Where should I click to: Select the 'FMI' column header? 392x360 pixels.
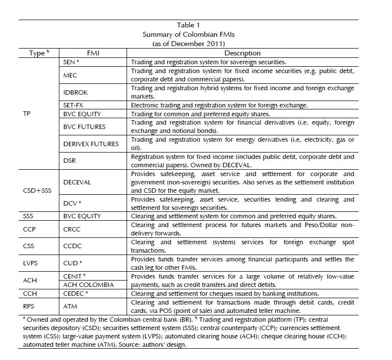pos(93,53)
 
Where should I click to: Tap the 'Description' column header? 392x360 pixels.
pos(242,53)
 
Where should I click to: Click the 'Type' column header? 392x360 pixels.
pos(37,53)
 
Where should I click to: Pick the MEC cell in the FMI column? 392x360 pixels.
pos(70,75)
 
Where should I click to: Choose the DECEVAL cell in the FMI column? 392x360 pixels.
pos(77,182)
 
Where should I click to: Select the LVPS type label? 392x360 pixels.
pos(31,263)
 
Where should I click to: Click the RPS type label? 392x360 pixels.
pos(29,306)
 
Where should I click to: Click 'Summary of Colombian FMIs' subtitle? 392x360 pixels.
pos(188,34)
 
